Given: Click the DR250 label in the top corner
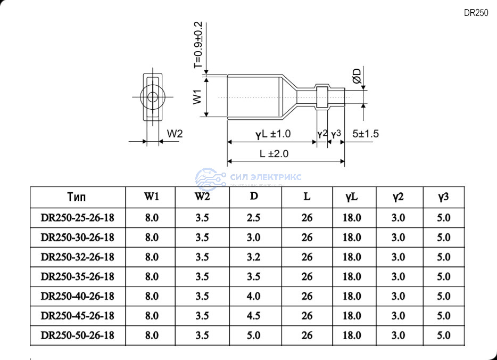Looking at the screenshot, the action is (x=476, y=13).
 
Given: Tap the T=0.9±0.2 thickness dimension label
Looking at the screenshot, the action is (x=198, y=45).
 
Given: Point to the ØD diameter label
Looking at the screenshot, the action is (x=357, y=76).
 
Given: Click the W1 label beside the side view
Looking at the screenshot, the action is (x=197, y=97).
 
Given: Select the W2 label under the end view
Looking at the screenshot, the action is (x=175, y=134).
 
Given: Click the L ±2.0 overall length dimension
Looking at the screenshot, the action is (x=274, y=154).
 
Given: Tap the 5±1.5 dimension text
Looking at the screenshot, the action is (x=366, y=134).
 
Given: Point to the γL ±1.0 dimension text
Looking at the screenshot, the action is (x=273, y=134).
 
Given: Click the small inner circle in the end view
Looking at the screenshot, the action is (x=153, y=97).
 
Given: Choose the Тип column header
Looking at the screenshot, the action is (x=77, y=197).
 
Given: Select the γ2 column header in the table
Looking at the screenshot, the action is (x=398, y=197).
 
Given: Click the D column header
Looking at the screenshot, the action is (x=254, y=196).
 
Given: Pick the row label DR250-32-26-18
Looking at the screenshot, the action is (x=77, y=257).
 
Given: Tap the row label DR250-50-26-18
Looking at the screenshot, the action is (x=77, y=336).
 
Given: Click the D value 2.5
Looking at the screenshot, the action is (x=254, y=218).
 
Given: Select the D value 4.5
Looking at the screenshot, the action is (x=254, y=316).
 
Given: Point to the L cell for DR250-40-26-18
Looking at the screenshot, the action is (x=307, y=296).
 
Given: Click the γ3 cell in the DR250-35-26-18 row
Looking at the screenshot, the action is (x=443, y=276).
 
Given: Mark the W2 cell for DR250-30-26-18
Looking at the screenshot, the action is (x=202, y=238).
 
